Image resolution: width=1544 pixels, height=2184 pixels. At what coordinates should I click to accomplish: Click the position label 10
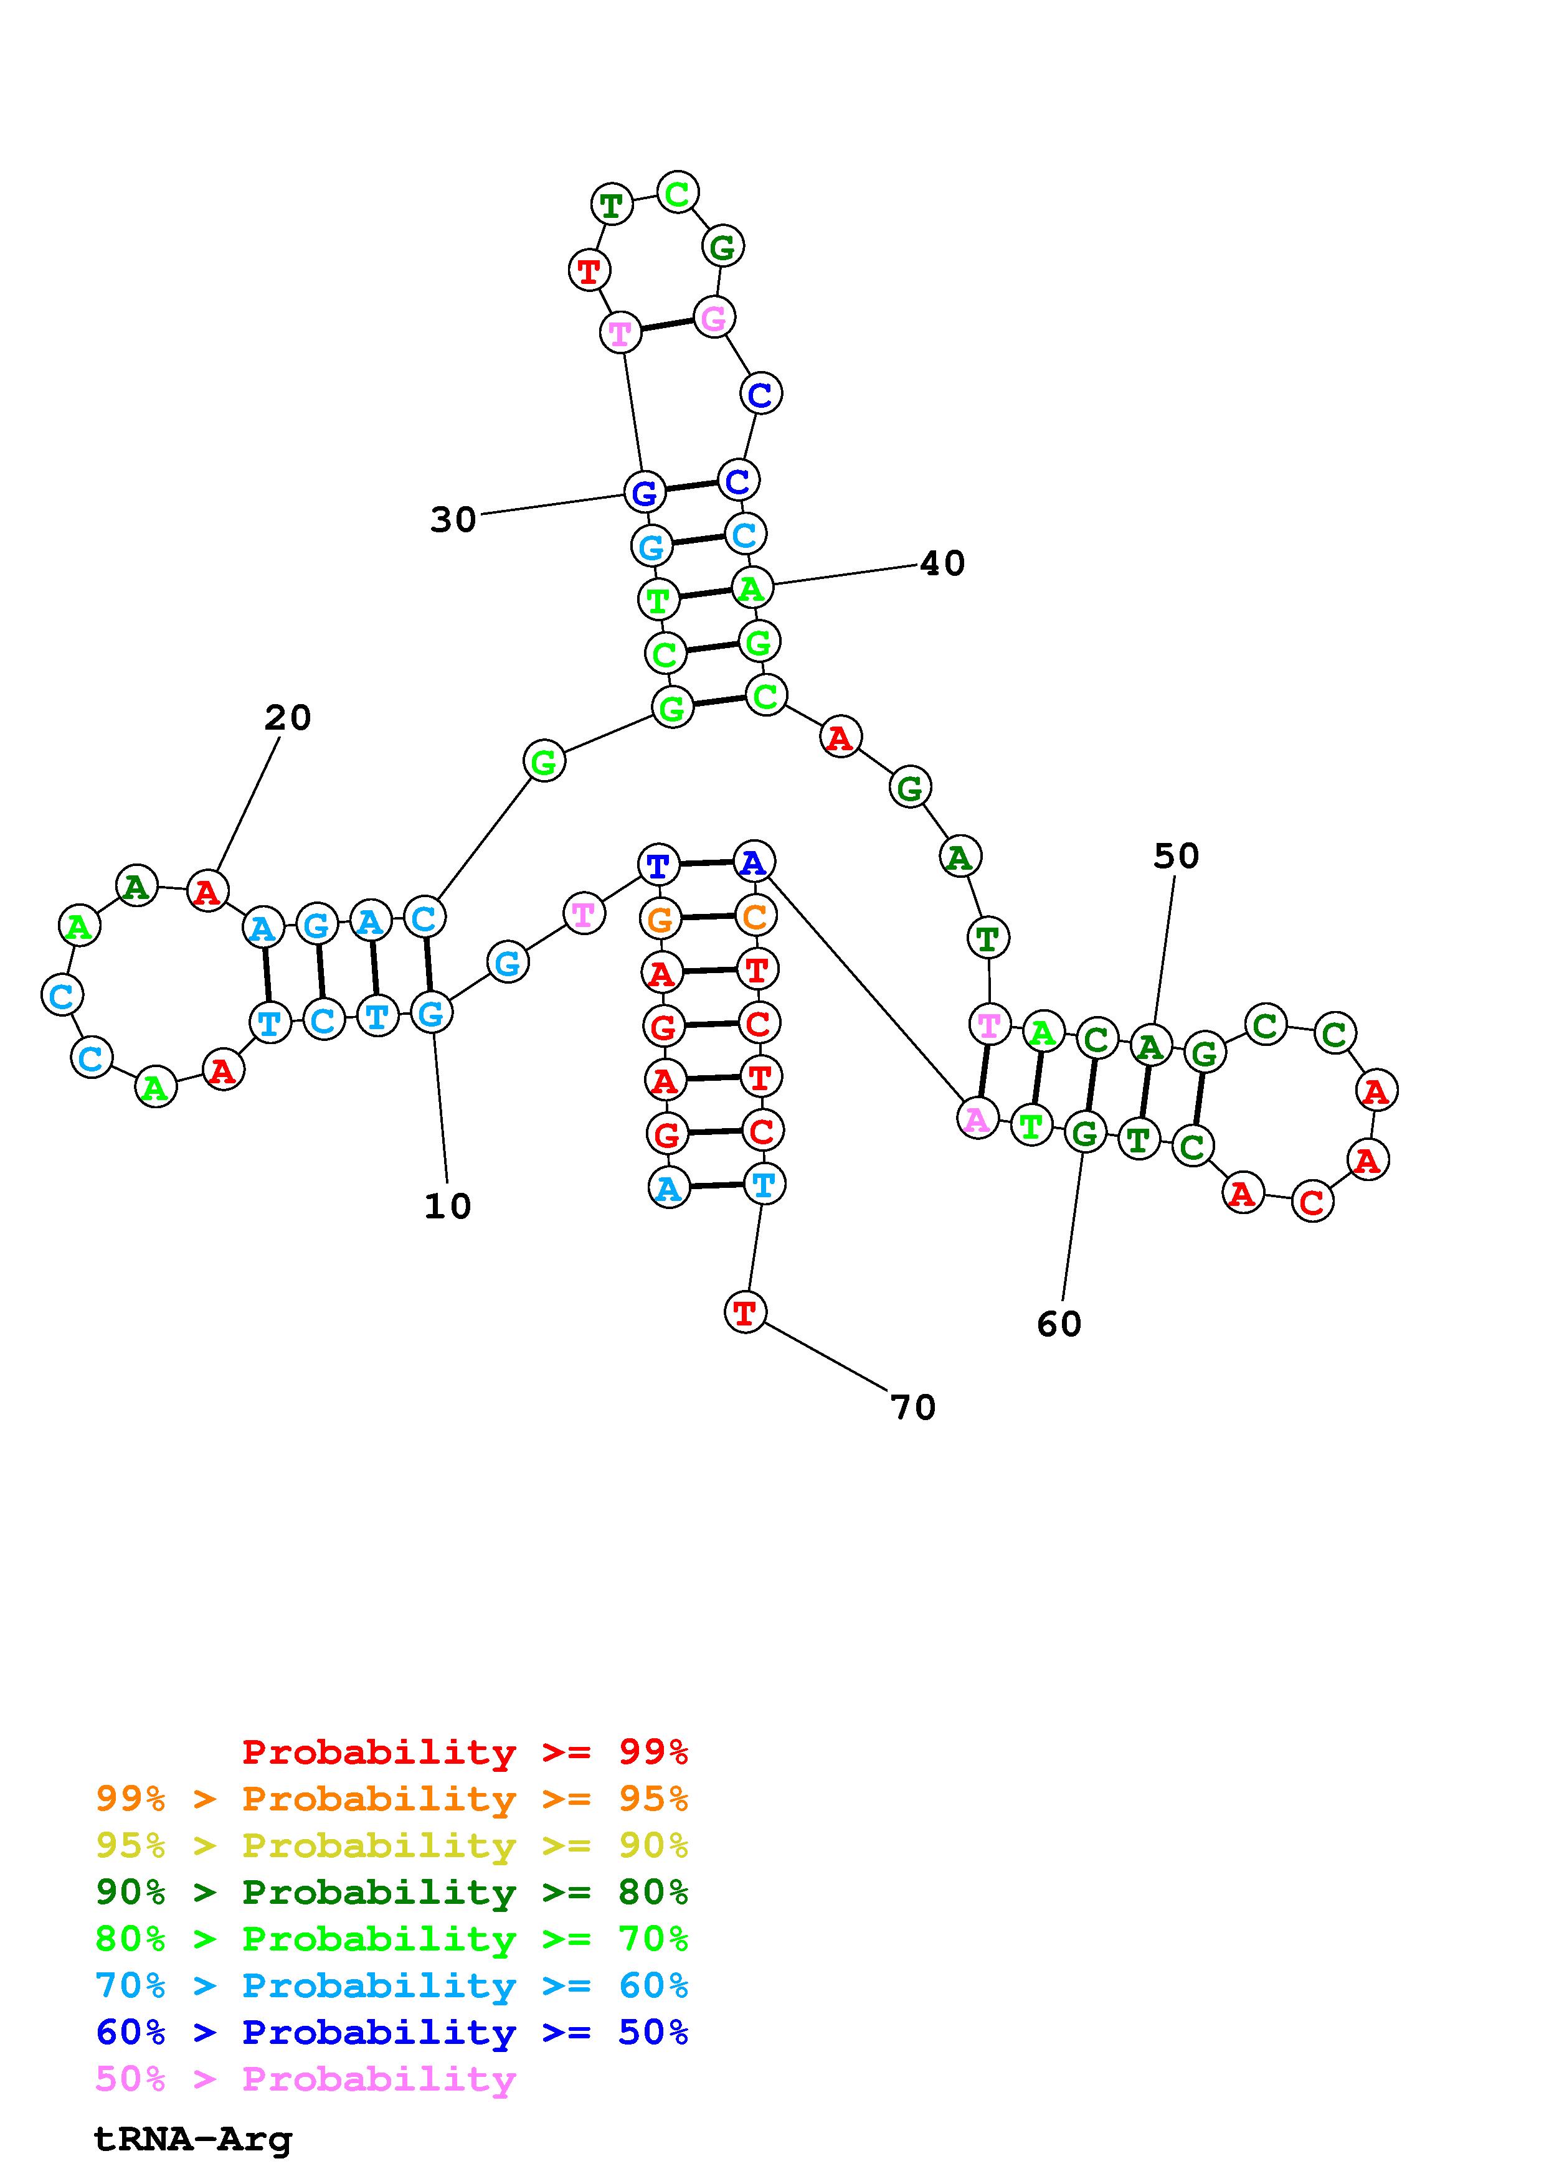[447, 1206]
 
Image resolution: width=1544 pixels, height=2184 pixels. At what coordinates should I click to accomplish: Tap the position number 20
[287, 717]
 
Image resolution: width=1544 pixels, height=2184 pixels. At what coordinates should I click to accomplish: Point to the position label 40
[942, 563]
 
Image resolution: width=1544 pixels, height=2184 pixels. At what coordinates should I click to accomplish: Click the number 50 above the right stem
[1176, 856]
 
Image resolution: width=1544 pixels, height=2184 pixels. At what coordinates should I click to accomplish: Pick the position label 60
[1059, 1324]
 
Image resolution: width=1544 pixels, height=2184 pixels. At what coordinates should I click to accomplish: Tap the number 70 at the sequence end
[913, 1408]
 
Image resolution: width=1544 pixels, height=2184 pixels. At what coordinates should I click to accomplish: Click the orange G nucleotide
[660, 920]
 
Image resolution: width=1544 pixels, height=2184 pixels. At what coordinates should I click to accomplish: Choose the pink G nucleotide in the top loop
[714, 318]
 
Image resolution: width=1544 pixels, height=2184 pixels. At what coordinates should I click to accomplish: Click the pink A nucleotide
[977, 1119]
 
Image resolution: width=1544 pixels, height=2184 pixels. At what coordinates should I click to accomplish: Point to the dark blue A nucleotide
[754, 862]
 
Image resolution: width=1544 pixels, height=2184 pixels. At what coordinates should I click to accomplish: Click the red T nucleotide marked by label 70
[745, 1312]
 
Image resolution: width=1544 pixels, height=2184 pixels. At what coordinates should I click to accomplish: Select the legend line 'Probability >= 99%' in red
[465, 1752]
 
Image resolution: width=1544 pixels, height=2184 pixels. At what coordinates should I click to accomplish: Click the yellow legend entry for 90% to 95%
[392, 1845]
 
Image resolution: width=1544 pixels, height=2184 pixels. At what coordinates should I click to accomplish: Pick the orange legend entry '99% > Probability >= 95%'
[392, 1799]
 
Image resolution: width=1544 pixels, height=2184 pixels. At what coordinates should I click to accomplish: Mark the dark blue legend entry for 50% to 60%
[392, 2032]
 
